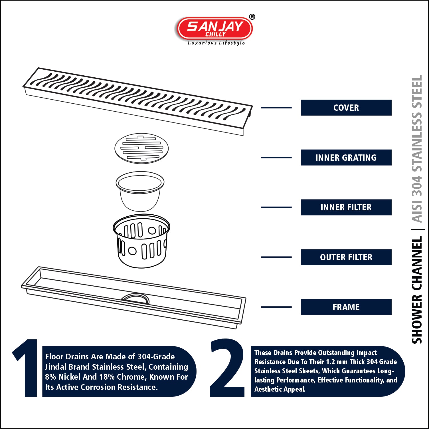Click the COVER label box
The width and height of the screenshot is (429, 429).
coord(346,108)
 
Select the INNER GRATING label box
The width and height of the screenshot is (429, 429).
coord(346,158)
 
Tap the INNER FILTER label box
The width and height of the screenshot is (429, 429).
coord(346,207)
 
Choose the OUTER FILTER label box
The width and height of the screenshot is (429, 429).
coord(346,257)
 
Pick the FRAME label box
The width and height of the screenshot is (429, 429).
coord(346,307)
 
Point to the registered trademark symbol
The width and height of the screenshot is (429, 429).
coord(252,17)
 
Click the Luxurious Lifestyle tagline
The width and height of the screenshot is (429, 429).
coord(216,43)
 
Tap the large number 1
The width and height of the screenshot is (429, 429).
coord(25,368)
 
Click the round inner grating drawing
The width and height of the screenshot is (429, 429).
coord(141,148)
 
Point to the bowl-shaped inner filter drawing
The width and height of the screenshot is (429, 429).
coord(140,191)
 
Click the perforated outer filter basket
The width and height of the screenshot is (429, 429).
coord(141,241)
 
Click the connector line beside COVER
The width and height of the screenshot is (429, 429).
coord(276,108)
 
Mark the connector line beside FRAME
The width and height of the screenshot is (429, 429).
coord(276,307)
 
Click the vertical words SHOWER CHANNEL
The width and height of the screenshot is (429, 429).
coord(417,290)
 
